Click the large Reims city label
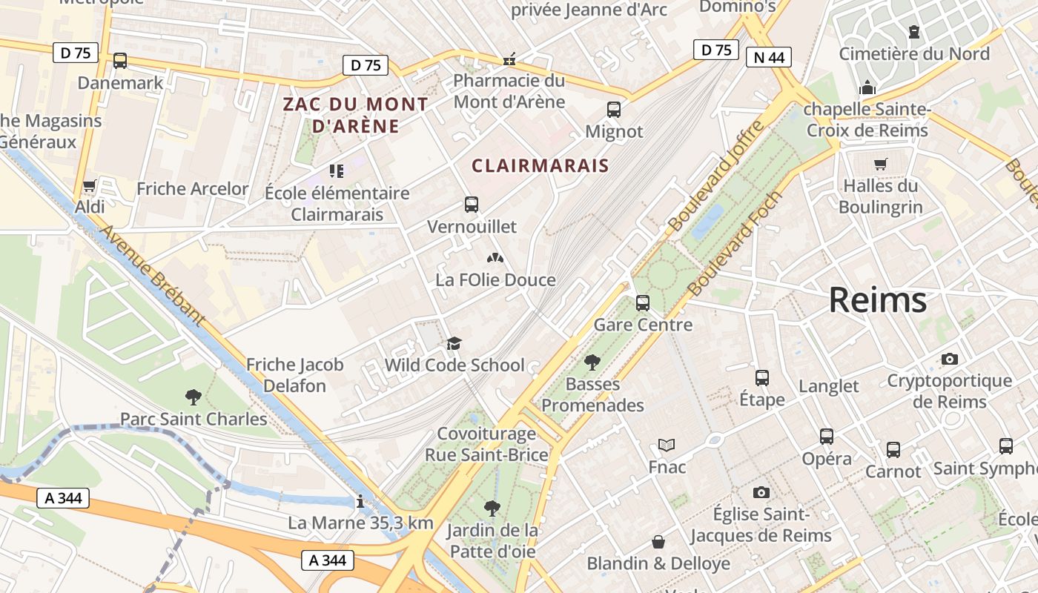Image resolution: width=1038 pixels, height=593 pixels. (877, 300)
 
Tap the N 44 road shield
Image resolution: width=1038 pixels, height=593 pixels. (769, 57)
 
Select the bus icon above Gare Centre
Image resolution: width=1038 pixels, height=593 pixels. (643, 302)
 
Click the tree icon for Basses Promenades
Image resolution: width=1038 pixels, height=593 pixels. (592, 362)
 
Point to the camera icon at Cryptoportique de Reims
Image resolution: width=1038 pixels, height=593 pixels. (949, 359)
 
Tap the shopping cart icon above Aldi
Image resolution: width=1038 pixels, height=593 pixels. (90, 185)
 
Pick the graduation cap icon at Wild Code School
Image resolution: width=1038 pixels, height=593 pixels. (454, 343)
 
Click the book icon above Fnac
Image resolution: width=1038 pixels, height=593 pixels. (667, 445)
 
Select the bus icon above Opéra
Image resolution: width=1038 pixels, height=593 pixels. (827, 437)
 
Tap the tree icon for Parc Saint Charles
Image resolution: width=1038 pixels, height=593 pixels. (194, 397)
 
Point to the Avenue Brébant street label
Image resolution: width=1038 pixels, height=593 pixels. (151, 275)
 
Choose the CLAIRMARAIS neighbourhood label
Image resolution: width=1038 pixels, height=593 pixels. (540, 166)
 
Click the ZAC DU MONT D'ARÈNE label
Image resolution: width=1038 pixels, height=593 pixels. (356, 115)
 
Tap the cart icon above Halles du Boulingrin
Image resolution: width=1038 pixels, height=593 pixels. (880, 164)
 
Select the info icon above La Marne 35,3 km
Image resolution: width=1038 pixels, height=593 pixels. (360, 502)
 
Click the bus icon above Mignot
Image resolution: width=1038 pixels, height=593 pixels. (614, 110)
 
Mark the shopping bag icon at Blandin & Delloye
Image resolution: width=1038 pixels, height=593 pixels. (658, 542)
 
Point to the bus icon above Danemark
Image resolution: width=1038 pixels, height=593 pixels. (120, 61)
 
